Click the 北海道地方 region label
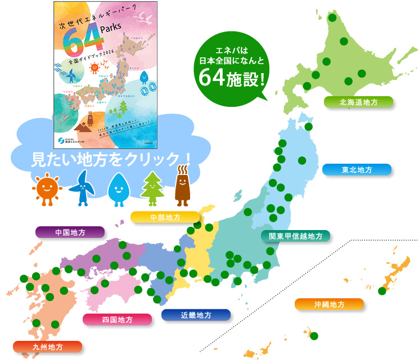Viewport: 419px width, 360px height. coord(358,102)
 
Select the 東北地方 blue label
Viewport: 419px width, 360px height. coord(357,169)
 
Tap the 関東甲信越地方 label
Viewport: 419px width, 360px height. coord(295,236)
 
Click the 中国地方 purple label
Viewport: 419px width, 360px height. coord(70,232)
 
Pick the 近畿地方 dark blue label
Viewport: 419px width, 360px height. coord(196,315)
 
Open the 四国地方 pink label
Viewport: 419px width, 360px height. coord(117,319)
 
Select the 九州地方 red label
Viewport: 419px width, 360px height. coord(47,346)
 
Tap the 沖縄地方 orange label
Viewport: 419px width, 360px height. coord(329,304)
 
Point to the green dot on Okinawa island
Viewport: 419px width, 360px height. coord(382,291)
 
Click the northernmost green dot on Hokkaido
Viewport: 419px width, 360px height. coord(332,18)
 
